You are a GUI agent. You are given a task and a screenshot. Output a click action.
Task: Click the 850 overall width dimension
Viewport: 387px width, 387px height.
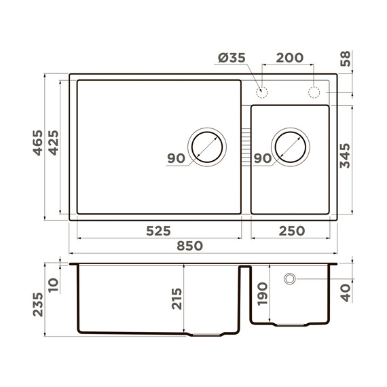tap(189, 246)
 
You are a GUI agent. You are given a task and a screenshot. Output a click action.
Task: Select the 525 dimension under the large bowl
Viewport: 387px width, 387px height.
tap(158, 231)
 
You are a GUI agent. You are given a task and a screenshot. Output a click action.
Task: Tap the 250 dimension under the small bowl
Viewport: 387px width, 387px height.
tap(291, 231)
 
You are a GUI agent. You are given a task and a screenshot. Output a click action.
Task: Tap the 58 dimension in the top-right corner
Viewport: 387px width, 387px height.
tap(345, 61)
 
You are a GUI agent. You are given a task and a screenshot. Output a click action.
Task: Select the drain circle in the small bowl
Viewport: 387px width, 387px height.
tap(291, 146)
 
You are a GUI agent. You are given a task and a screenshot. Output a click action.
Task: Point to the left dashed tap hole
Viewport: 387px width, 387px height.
tap(261, 92)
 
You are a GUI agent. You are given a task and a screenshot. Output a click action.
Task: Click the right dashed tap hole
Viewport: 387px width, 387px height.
tap(314, 92)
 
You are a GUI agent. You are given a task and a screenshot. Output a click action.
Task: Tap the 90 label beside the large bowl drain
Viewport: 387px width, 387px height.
tap(176, 159)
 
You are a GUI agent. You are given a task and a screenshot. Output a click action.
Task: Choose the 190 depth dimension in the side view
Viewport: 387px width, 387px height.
tap(263, 296)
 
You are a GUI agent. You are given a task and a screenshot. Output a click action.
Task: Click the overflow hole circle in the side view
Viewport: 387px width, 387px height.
tap(290, 278)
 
